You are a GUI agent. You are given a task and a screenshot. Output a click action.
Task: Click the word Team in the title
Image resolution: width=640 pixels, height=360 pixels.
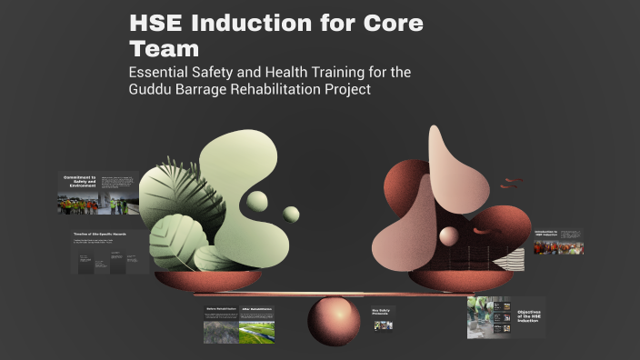[165, 48]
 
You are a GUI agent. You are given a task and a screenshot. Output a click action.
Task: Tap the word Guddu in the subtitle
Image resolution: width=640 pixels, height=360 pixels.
[156, 91]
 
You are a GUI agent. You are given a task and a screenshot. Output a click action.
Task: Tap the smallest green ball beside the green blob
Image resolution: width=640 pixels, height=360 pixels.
[291, 215]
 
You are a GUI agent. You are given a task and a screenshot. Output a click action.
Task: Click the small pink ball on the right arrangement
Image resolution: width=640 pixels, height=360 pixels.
[449, 237]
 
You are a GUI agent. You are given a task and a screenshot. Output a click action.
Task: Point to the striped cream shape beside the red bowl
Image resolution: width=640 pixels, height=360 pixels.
[514, 258]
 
